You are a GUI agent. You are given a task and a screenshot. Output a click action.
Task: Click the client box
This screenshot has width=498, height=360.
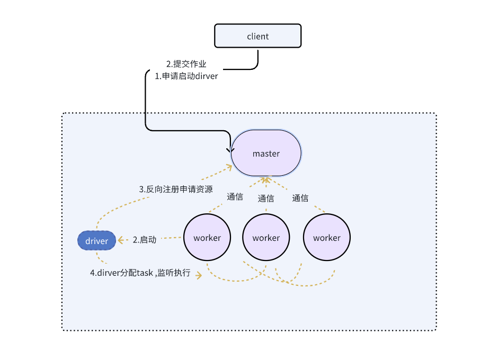(x=257, y=37)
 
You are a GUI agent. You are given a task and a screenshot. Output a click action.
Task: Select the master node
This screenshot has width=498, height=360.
(x=266, y=154)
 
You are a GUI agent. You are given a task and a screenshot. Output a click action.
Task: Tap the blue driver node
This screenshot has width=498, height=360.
(x=96, y=241)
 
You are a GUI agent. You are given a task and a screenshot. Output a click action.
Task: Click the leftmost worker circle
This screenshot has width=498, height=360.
(x=207, y=238)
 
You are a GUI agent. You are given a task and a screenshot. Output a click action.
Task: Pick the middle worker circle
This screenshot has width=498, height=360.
(x=266, y=238)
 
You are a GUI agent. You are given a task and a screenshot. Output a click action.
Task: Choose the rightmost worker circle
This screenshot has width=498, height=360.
(x=327, y=238)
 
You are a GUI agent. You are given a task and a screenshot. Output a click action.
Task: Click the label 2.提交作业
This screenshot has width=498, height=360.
(x=186, y=64)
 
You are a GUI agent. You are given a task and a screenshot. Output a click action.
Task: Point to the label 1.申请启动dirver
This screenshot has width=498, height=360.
(x=186, y=76)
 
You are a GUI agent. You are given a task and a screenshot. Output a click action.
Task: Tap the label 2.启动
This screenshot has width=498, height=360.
(x=145, y=239)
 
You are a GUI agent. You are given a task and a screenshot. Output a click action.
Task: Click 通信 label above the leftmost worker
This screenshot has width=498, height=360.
(x=235, y=197)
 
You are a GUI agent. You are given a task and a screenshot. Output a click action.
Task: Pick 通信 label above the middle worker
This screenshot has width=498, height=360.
(x=266, y=198)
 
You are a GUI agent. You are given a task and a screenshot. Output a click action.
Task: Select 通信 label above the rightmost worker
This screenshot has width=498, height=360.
(x=300, y=198)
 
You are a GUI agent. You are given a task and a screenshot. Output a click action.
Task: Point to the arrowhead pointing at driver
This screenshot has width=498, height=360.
(x=120, y=240)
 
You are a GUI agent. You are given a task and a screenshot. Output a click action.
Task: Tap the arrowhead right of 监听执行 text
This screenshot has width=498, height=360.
(x=199, y=275)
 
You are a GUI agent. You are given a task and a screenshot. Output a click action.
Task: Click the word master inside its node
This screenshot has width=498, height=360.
(x=266, y=154)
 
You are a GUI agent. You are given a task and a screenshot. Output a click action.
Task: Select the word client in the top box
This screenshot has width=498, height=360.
(x=257, y=37)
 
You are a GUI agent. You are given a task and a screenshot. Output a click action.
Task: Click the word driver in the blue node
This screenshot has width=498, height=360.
(x=96, y=241)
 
